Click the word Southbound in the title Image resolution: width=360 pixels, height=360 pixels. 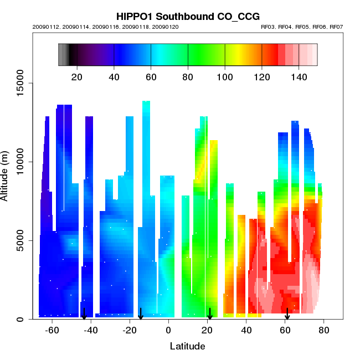[184, 17]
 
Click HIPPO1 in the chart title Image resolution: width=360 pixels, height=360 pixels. [136, 17]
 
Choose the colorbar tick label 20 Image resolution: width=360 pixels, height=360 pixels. [77, 76]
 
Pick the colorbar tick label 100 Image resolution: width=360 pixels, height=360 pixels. [225, 76]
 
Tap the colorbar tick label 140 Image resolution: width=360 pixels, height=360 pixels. [299, 76]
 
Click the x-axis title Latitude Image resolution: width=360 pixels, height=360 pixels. [187, 347]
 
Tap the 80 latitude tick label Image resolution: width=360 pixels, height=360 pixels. [324, 330]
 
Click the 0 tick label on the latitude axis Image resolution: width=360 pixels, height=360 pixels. [168, 330]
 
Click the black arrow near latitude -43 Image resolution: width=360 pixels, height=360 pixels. [84, 313]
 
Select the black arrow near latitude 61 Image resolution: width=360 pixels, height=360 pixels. [287, 313]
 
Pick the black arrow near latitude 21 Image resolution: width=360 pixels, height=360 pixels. [210, 313]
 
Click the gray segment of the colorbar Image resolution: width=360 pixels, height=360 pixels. [63, 54]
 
